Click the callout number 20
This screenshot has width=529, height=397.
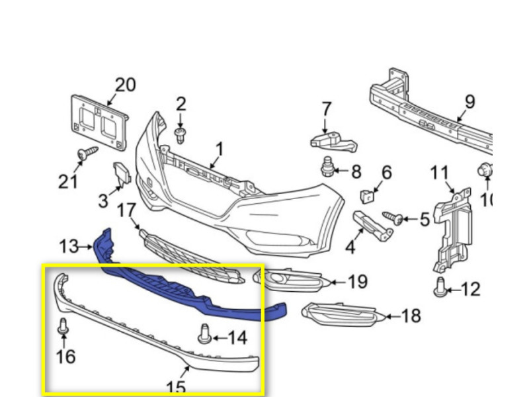[126, 85]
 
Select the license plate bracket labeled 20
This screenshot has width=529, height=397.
[100, 122]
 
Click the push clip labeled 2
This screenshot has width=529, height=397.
[181, 136]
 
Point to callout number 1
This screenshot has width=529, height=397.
[220, 149]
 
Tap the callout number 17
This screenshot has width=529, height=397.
[126, 210]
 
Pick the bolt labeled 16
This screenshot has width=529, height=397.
[63, 326]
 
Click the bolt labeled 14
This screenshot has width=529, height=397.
[204, 334]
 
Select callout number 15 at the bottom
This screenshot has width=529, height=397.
[176, 388]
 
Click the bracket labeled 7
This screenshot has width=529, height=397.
[333, 142]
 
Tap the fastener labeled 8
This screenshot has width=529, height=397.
[327, 166]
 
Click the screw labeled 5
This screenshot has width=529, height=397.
[392, 218]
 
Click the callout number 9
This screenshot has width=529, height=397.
[469, 102]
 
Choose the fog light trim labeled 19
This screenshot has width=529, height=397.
[290, 279]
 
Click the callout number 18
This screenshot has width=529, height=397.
[411, 316]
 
